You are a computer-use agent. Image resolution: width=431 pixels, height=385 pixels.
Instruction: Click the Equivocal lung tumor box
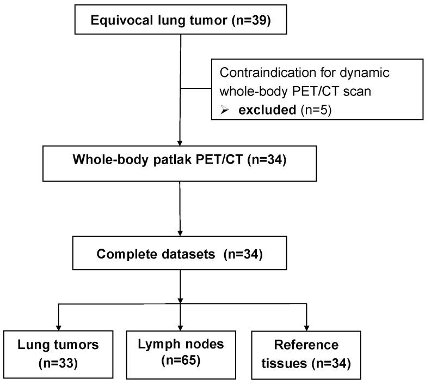(x=180, y=22)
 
